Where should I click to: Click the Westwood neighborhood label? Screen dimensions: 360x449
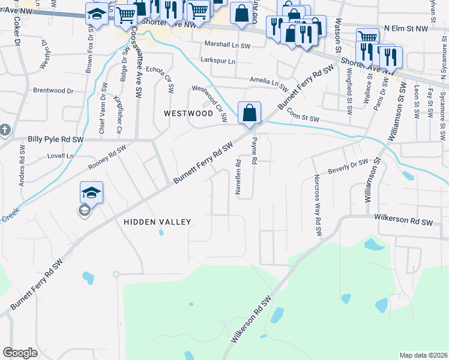pyautogui.click(x=188, y=113)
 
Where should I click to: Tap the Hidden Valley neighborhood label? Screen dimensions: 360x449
pyautogui.click(x=157, y=222)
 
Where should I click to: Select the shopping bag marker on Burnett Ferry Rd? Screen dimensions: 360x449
pyautogui.click(x=249, y=112)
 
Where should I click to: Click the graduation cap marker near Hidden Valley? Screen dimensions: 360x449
pyautogui.click(x=91, y=193)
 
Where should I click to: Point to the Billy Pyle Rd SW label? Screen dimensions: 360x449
pyautogui.click(x=56, y=139)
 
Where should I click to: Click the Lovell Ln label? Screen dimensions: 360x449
pyautogui.click(x=61, y=156)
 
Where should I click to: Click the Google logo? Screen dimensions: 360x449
pyautogui.click(x=20, y=353)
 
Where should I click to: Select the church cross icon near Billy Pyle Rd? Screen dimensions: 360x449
pyautogui.click(x=4, y=130)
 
